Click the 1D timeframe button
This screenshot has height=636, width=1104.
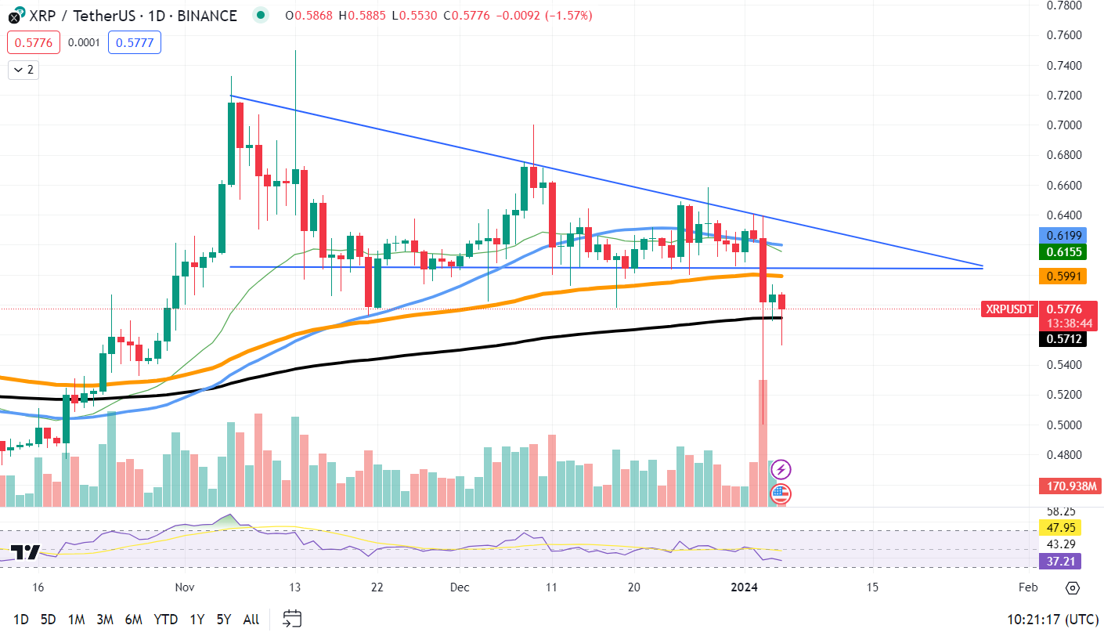21,619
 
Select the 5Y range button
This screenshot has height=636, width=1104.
224,619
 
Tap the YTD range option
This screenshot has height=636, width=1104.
165,619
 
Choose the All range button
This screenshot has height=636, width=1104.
251,619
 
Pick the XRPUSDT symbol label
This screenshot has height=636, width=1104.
1009,309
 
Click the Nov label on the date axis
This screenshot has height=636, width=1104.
185,587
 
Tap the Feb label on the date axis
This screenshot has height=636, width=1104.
1027,587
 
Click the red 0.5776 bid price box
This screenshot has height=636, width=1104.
34,42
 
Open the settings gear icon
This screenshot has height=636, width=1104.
1072,588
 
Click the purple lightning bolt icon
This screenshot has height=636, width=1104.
781,470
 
